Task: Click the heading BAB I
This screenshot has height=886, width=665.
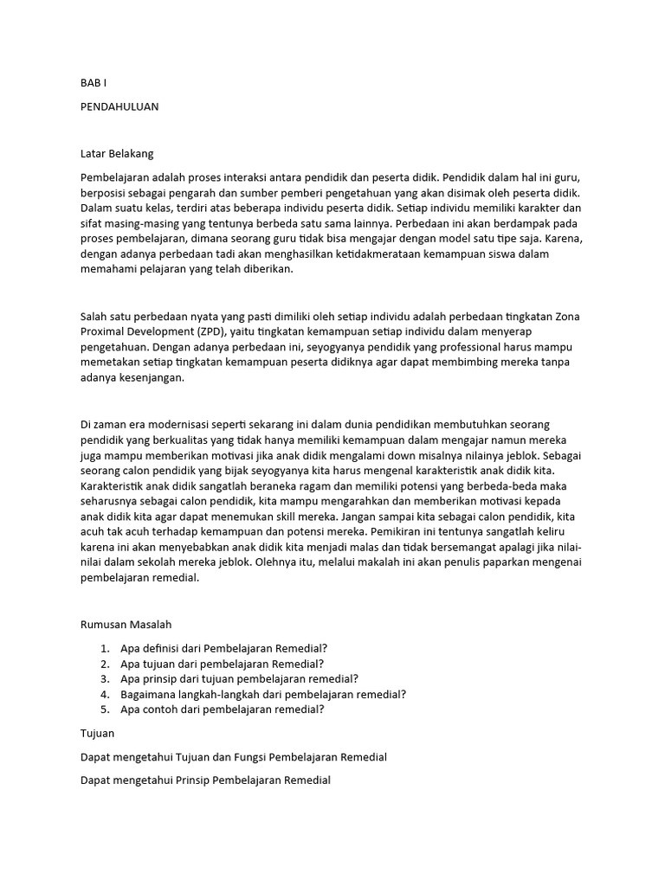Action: click(x=91, y=85)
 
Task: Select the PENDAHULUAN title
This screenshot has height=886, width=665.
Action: click(x=119, y=106)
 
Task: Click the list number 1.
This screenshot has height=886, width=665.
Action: click(x=104, y=647)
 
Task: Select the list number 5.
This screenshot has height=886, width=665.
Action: click(x=104, y=709)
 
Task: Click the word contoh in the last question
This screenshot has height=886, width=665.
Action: click(x=161, y=709)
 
